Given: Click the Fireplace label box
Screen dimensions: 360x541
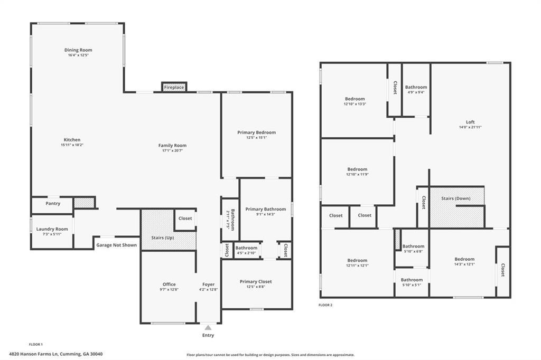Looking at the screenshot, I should (174, 87).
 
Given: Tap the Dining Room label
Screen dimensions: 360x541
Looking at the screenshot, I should (78, 50).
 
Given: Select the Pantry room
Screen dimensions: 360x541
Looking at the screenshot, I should (53, 203).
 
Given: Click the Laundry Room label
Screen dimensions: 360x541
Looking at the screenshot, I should (52, 229).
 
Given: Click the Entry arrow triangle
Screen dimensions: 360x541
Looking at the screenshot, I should (208, 328).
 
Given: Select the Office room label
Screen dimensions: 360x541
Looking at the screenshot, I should (169, 285).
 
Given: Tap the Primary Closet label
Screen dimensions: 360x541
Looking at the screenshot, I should (256, 282).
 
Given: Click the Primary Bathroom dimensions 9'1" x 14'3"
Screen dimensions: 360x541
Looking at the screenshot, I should (266, 214).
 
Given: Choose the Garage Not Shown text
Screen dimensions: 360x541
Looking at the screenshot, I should (116, 245).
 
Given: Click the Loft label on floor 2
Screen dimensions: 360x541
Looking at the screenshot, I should (470, 122).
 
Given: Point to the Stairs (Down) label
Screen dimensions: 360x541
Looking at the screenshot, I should (456, 198).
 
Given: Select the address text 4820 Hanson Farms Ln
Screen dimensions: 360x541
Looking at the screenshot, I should (55, 354).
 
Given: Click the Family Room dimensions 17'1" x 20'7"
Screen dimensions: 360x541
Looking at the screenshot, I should (172, 151).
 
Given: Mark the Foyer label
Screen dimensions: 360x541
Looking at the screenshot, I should (208, 285).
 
